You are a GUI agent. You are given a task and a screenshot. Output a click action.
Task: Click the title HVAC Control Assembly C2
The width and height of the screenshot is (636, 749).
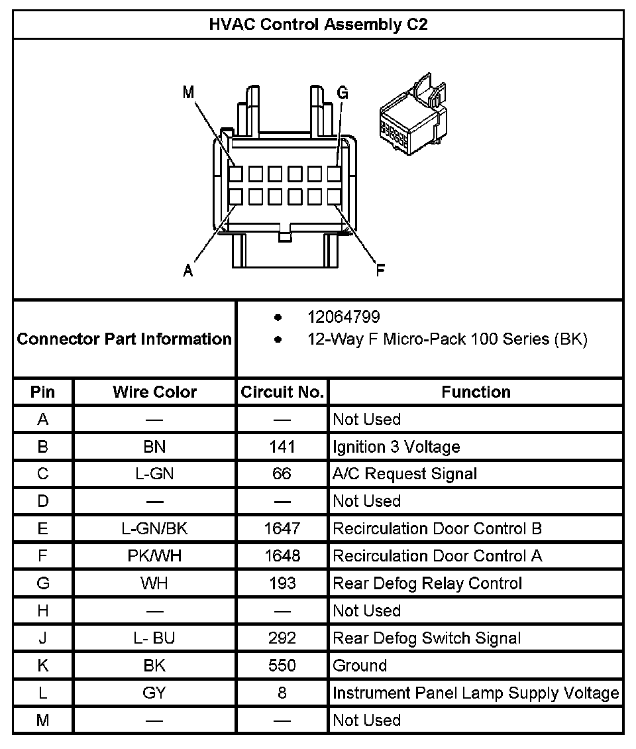tap(318, 25)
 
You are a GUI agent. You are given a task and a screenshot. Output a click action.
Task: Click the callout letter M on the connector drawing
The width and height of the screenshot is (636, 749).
tap(189, 93)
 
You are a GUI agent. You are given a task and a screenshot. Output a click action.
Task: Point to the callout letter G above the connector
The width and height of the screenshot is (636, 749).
tap(343, 93)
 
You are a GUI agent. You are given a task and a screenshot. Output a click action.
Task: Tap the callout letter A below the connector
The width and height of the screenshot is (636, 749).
tap(189, 270)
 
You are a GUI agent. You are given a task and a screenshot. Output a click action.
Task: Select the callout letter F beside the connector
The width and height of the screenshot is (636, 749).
tap(380, 270)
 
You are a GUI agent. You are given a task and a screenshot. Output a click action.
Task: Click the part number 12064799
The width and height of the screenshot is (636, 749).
tap(343, 317)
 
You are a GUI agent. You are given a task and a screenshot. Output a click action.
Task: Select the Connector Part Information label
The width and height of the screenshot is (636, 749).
tap(125, 339)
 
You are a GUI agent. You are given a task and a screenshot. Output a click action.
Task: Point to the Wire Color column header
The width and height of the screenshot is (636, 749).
tap(154, 392)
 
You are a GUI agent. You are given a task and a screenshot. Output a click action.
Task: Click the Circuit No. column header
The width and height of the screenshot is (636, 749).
tap(282, 392)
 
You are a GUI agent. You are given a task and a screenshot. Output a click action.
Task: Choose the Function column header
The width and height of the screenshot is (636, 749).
tap(476, 392)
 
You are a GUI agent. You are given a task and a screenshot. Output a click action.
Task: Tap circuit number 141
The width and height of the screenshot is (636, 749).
tap(282, 447)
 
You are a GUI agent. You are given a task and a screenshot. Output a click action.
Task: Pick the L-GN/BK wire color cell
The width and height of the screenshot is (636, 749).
tap(154, 528)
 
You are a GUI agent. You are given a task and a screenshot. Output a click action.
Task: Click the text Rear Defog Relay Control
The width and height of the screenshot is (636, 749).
tap(427, 583)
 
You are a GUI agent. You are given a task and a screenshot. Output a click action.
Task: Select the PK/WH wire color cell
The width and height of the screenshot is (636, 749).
tap(154, 556)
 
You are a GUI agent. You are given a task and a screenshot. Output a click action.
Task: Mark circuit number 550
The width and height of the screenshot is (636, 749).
tap(282, 665)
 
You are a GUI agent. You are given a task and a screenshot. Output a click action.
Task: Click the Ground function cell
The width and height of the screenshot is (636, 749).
tap(360, 665)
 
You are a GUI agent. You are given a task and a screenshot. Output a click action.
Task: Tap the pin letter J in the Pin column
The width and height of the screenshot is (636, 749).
tap(43, 638)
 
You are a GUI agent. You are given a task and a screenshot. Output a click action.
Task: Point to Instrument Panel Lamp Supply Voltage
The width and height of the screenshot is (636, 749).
tap(476, 693)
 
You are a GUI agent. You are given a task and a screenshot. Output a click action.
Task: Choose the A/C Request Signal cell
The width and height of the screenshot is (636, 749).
tap(405, 474)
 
